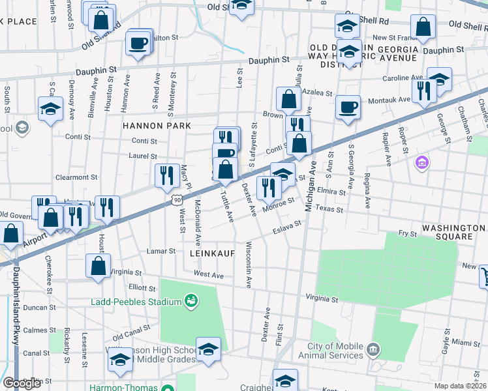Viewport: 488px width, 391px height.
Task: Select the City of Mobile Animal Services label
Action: point(330,351)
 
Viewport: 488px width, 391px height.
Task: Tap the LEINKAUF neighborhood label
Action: point(212,252)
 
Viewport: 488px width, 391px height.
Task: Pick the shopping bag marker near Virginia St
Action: point(98,266)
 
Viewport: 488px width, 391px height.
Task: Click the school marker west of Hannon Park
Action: point(50,109)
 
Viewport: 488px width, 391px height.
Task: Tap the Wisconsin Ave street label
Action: point(248,264)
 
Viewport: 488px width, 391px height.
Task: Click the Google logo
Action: point(22,383)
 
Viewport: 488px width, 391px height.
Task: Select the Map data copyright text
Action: point(461,386)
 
